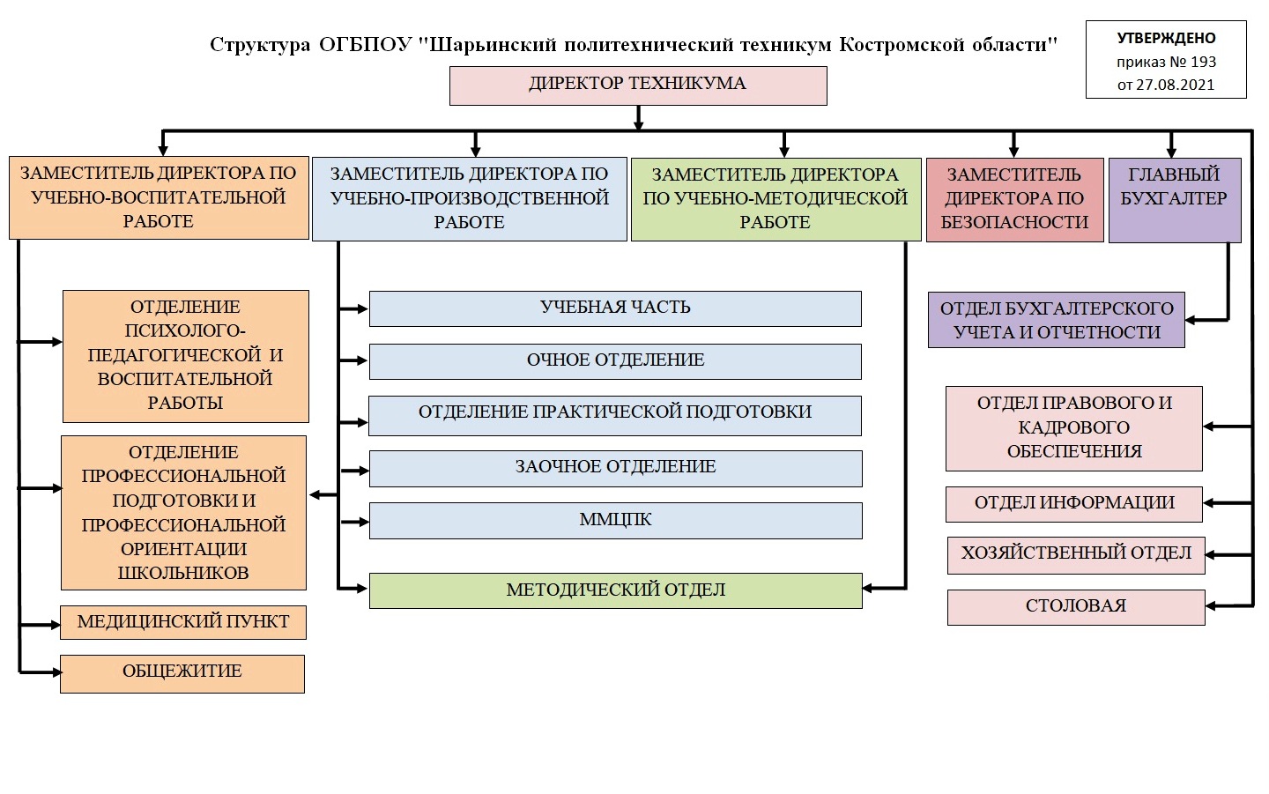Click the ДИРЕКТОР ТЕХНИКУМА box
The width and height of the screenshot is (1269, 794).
point(638,85)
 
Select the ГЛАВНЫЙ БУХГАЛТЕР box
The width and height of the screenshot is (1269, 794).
point(1175,200)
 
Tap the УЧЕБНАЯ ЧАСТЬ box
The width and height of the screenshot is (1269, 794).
point(615,308)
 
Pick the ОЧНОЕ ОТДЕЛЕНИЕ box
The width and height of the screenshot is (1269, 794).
point(615,361)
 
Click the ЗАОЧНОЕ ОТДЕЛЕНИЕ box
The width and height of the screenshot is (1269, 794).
point(616,468)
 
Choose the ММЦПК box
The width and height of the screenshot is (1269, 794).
point(616,521)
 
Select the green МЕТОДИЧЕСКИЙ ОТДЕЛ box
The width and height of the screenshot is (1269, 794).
point(616,590)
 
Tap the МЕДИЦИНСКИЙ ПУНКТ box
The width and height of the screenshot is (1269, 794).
point(183,622)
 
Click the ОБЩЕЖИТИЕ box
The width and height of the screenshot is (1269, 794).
point(182,674)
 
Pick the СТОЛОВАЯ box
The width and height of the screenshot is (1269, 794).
point(1076,608)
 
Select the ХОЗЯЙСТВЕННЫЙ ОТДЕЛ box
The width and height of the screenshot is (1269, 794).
point(1076,555)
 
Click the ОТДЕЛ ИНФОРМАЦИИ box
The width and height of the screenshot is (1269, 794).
point(1074,504)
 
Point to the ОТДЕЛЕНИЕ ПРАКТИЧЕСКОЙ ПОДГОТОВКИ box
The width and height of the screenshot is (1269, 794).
point(615,416)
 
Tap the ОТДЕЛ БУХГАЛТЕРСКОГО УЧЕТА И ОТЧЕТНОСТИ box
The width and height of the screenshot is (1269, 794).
point(1057,320)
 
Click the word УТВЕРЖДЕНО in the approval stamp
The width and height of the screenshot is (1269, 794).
point(1167,38)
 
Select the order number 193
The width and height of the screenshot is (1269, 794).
point(1204,62)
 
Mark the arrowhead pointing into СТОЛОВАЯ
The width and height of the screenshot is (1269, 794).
point(1211,606)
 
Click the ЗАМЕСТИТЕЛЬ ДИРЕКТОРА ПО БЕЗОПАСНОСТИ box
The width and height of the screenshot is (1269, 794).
point(1014,200)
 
